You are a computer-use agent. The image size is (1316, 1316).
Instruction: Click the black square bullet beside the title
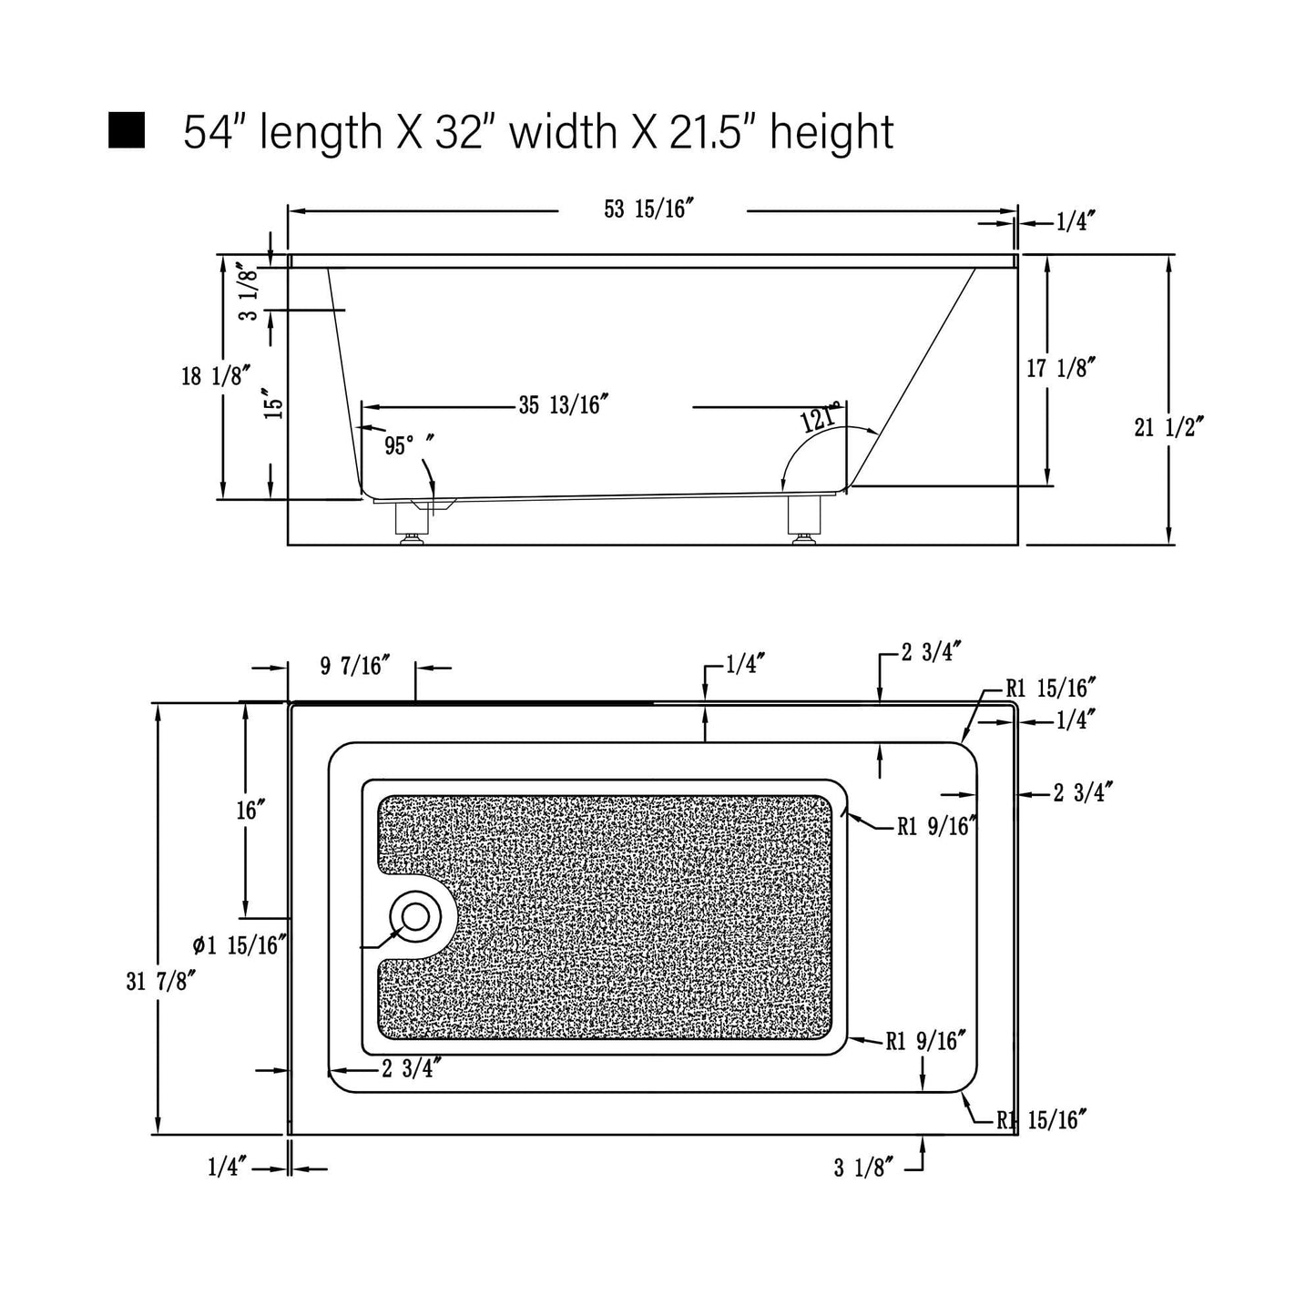[x=127, y=130]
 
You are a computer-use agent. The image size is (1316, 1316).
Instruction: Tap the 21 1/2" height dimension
[x=1168, y=427]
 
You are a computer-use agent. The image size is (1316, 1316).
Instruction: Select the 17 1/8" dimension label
[x=1061, y=369]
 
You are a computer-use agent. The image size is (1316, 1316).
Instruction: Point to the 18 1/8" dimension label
[x=216, y=375]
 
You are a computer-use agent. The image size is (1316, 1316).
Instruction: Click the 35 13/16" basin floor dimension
[x=564, y=405]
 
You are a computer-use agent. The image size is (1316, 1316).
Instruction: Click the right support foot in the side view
[x=803, y=520]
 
